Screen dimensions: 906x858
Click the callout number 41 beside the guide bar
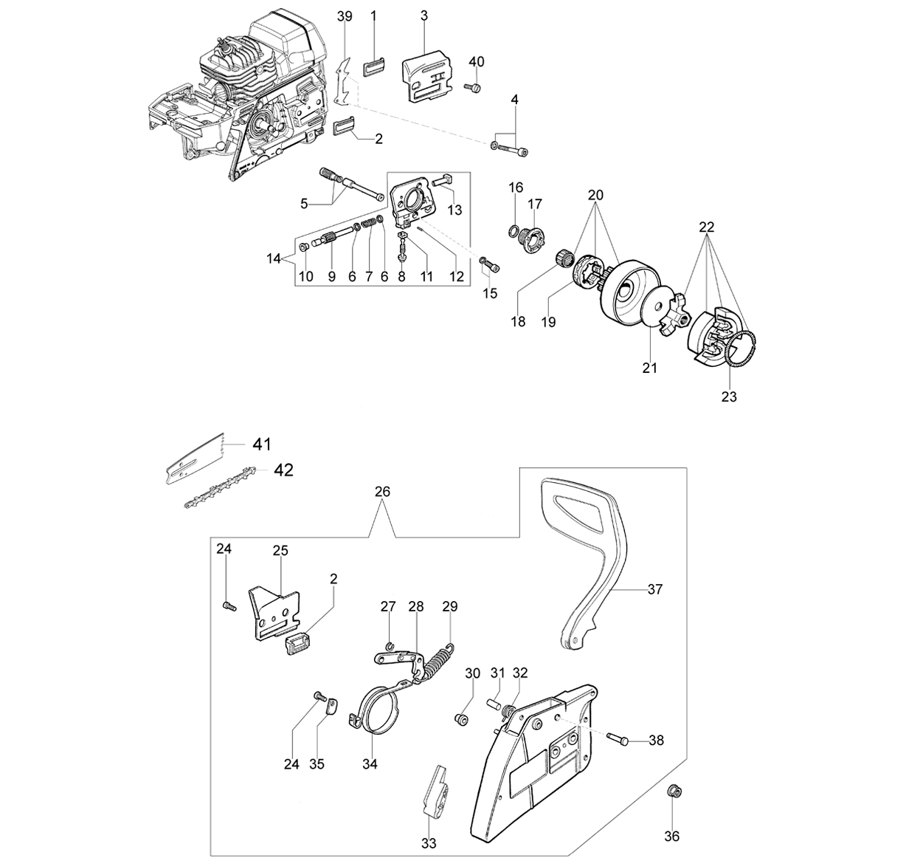262,445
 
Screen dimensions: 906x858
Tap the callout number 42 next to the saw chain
283,470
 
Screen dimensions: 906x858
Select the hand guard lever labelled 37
586,560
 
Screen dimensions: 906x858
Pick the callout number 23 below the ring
729,397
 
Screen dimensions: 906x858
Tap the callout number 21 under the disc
650,368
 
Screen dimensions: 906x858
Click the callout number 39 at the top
345,16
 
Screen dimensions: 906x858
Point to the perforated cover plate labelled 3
427,75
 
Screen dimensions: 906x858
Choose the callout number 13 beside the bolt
454,210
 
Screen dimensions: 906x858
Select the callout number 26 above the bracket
382,492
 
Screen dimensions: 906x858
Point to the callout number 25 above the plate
280,550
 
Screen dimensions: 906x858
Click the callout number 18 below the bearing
519,322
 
